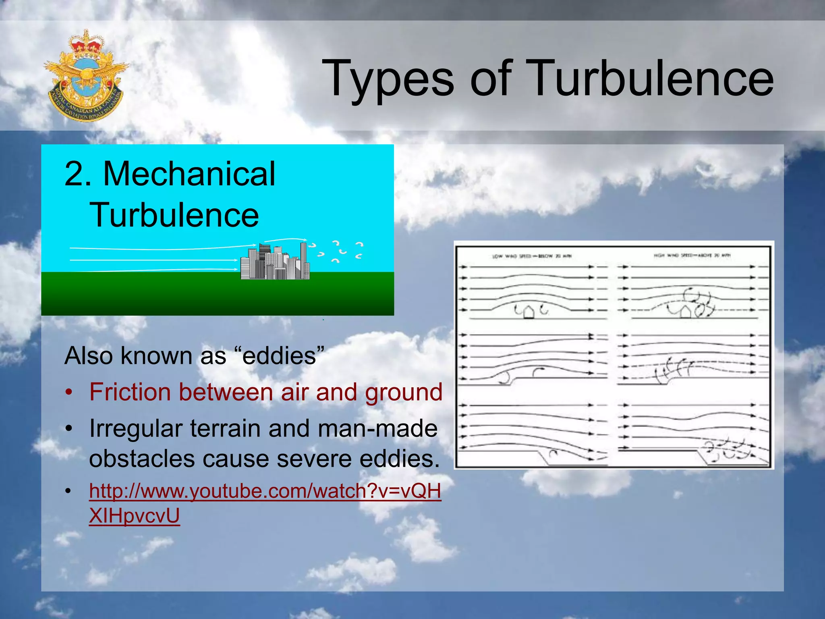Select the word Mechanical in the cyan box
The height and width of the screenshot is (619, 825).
click(x=189, y=174)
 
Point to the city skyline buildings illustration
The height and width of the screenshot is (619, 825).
click(x=275, y=262)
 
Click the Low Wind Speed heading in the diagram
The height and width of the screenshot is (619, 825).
click(x=531, y=256)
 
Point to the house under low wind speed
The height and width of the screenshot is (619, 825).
click(x=529, y=312)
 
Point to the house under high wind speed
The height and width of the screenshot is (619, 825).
click(x=685, y=312)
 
